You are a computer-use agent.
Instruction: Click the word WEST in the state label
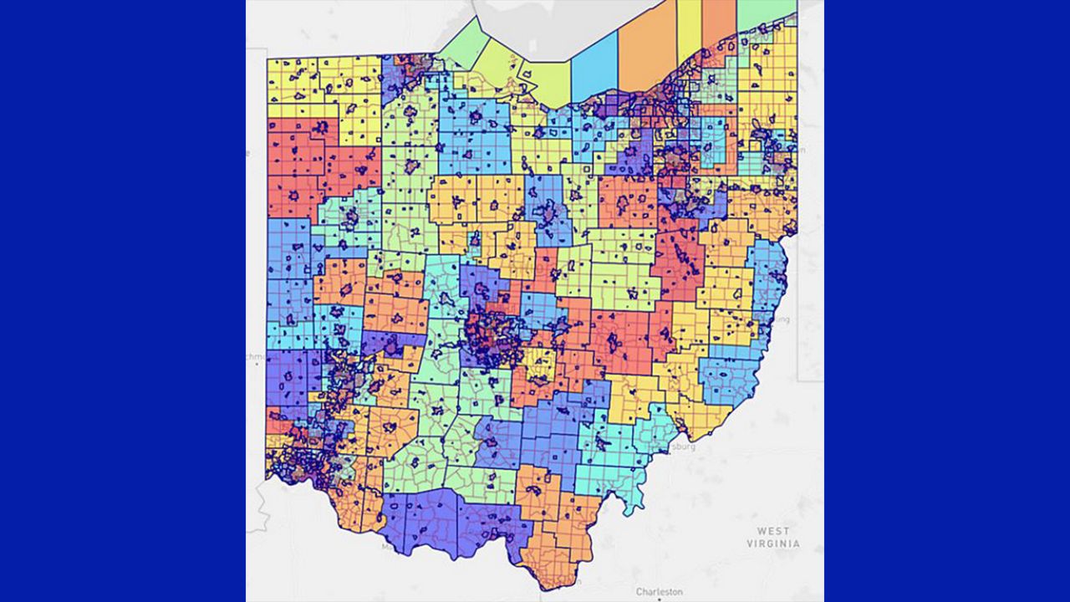pos(773,531)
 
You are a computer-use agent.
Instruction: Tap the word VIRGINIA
pos(773,543)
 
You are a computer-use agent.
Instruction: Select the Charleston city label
pos(660,591)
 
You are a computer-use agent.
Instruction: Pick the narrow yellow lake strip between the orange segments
pos(689,29)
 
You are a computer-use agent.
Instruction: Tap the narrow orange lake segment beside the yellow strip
pos(718,21)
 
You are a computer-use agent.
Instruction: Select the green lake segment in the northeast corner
pos(764,13)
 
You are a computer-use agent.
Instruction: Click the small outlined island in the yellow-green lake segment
pos(527,75)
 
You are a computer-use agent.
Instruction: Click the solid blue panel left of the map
pos(122,301)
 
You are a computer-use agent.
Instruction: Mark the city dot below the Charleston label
pos(659,599)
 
